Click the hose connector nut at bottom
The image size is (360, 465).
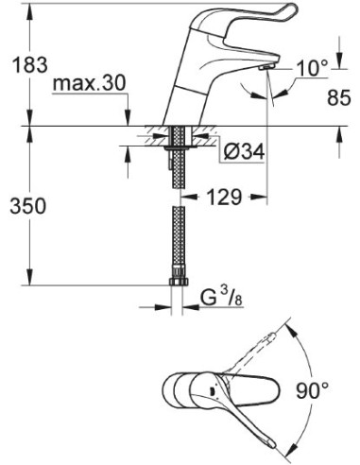point(176,281)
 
